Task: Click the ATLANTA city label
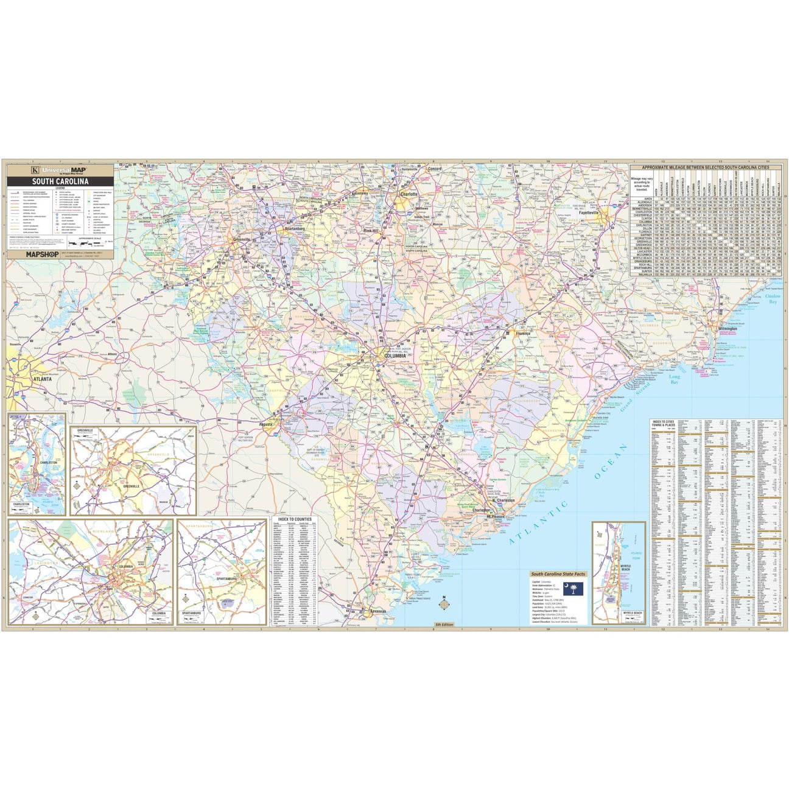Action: (x=42, y=379)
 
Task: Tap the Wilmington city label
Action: (x=728, y=329)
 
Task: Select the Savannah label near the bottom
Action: (x=377, y=611)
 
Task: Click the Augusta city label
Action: (x=265, y=424)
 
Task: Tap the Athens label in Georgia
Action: (x=112, y=354)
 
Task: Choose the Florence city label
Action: (x=523, y=334)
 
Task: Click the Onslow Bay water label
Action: (x=773, y=299)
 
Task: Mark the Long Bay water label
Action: (x=675, y=380)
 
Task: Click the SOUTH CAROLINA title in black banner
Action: (x=60, y=181)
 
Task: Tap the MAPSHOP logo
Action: (x=42, y=255)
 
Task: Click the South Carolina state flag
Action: (x=573, y=589)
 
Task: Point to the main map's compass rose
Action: (x=445, y=604)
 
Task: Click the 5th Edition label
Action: (x=444, y=625)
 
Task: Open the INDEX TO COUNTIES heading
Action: (x=295, y=519)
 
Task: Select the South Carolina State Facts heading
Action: (x=558, y=574)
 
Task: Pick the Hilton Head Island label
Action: (x=419, y=598)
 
